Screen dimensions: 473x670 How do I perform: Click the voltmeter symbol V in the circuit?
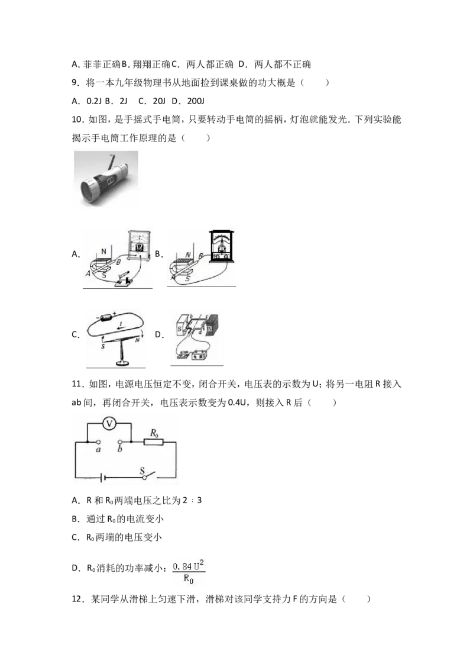[x=109, y=423]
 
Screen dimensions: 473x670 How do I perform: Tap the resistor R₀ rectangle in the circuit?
[x=153, y=442]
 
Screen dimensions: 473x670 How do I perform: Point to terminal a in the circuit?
[x=99, y=442]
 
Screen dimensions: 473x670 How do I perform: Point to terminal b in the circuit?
[x=121, y=442]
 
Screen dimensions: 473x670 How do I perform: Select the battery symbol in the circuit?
[x=102, y=477]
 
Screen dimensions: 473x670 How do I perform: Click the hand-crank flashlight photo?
[x=106, y=179]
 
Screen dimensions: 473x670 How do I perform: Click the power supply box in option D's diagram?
[x=199, y=355]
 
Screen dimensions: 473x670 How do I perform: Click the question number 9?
[x=76, y=83]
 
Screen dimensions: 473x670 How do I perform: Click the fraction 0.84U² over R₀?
[x=189, y=572]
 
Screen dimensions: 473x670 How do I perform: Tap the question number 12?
[x=78, y=599]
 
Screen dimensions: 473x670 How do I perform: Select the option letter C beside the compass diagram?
[x=76, y=334]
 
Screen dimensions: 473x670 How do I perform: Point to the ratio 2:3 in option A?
[x=193, y=500]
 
